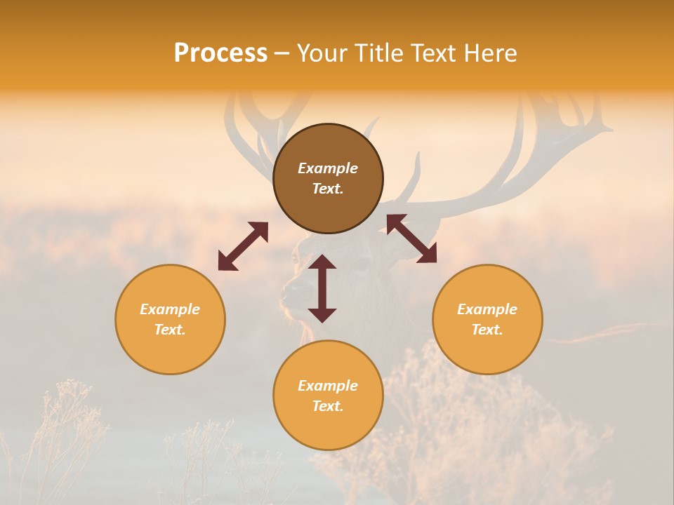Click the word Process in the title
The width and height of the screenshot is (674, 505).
click(x=220, y=53)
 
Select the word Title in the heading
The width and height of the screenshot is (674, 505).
click(x=381, y=53)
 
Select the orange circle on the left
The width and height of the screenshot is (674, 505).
click(x=170, y=319)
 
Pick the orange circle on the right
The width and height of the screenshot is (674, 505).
click(x=487, y=319)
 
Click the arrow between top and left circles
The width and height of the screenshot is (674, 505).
click(x=243, y=246)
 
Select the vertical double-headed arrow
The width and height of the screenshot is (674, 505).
click(x=322, y=288)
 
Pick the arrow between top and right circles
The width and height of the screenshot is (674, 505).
click(x=411, y=238)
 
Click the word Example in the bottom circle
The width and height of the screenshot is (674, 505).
click(x=328, y=386)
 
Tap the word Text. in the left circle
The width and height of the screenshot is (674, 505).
click(x=170, y=330)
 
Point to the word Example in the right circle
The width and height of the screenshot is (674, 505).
click(x=487, y=309)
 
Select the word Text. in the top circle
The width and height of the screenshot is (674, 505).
click(x=328, y=189)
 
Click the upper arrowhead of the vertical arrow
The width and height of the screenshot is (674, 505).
click(x=322, y=262)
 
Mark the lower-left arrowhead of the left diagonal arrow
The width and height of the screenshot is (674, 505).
click(x=225, y=263)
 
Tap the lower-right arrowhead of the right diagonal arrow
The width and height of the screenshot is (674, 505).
click(x=428, y=255)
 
